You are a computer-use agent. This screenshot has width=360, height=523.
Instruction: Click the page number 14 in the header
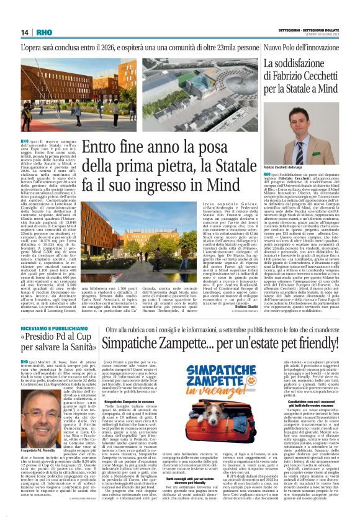pos(25,32)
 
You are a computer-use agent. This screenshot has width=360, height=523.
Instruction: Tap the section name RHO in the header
pos(45,32)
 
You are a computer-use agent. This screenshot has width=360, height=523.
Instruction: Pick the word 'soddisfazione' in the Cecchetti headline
pos(308,65)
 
